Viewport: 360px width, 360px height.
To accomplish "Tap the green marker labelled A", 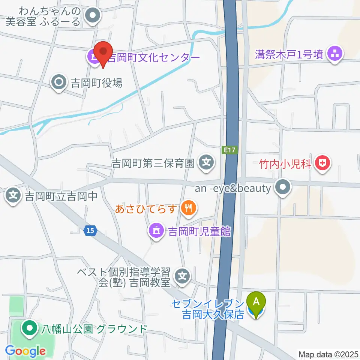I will point(256,302).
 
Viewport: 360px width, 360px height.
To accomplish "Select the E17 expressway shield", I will point(231,150).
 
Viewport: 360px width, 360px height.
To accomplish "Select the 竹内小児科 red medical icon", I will point(321,163).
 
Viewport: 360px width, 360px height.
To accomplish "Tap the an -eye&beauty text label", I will point(233,188).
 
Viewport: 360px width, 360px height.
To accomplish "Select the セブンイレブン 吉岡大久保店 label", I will point(208,308).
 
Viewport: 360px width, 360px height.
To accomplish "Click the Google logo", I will point(25,351).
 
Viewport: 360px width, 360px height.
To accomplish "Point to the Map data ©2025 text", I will point(328,354).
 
